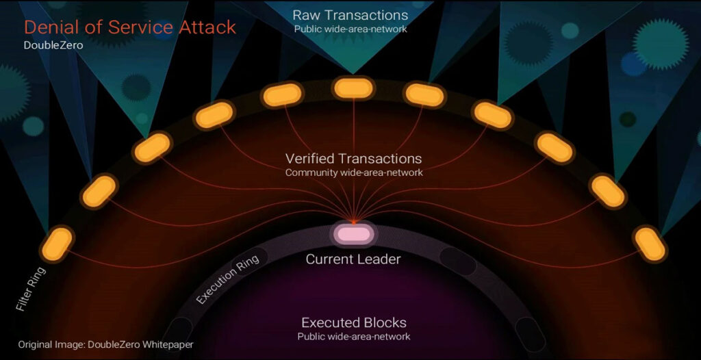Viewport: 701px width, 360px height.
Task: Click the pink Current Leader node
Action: [x=353, y=234]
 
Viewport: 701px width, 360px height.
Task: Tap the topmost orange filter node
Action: [x=353, y=88]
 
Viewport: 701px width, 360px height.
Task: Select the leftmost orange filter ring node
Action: [x=57, y=244]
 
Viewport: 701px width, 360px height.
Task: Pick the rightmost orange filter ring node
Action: [x=650, y=244]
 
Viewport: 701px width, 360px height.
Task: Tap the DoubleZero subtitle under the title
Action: [x=53, y=45]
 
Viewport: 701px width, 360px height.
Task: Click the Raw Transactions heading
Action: [x=350, y=15]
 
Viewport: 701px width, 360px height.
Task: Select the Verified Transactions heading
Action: [x=354, y=158]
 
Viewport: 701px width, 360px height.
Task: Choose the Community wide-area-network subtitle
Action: [x=354, y=172]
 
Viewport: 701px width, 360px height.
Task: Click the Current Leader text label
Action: [x=353, y=259]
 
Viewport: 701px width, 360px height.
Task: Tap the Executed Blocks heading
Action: [x=354, y=322]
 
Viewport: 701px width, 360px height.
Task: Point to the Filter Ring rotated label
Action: [x=30, y=290]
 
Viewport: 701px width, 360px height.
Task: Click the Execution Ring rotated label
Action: [x=227, y=280]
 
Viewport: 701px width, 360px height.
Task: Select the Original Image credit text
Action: [x=106, y=345]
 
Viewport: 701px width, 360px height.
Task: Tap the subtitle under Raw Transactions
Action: [x=350, y=29]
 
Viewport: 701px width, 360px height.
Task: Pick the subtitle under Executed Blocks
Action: [x=354, y=336]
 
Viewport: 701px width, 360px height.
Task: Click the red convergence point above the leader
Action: [x=354, y=221]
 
